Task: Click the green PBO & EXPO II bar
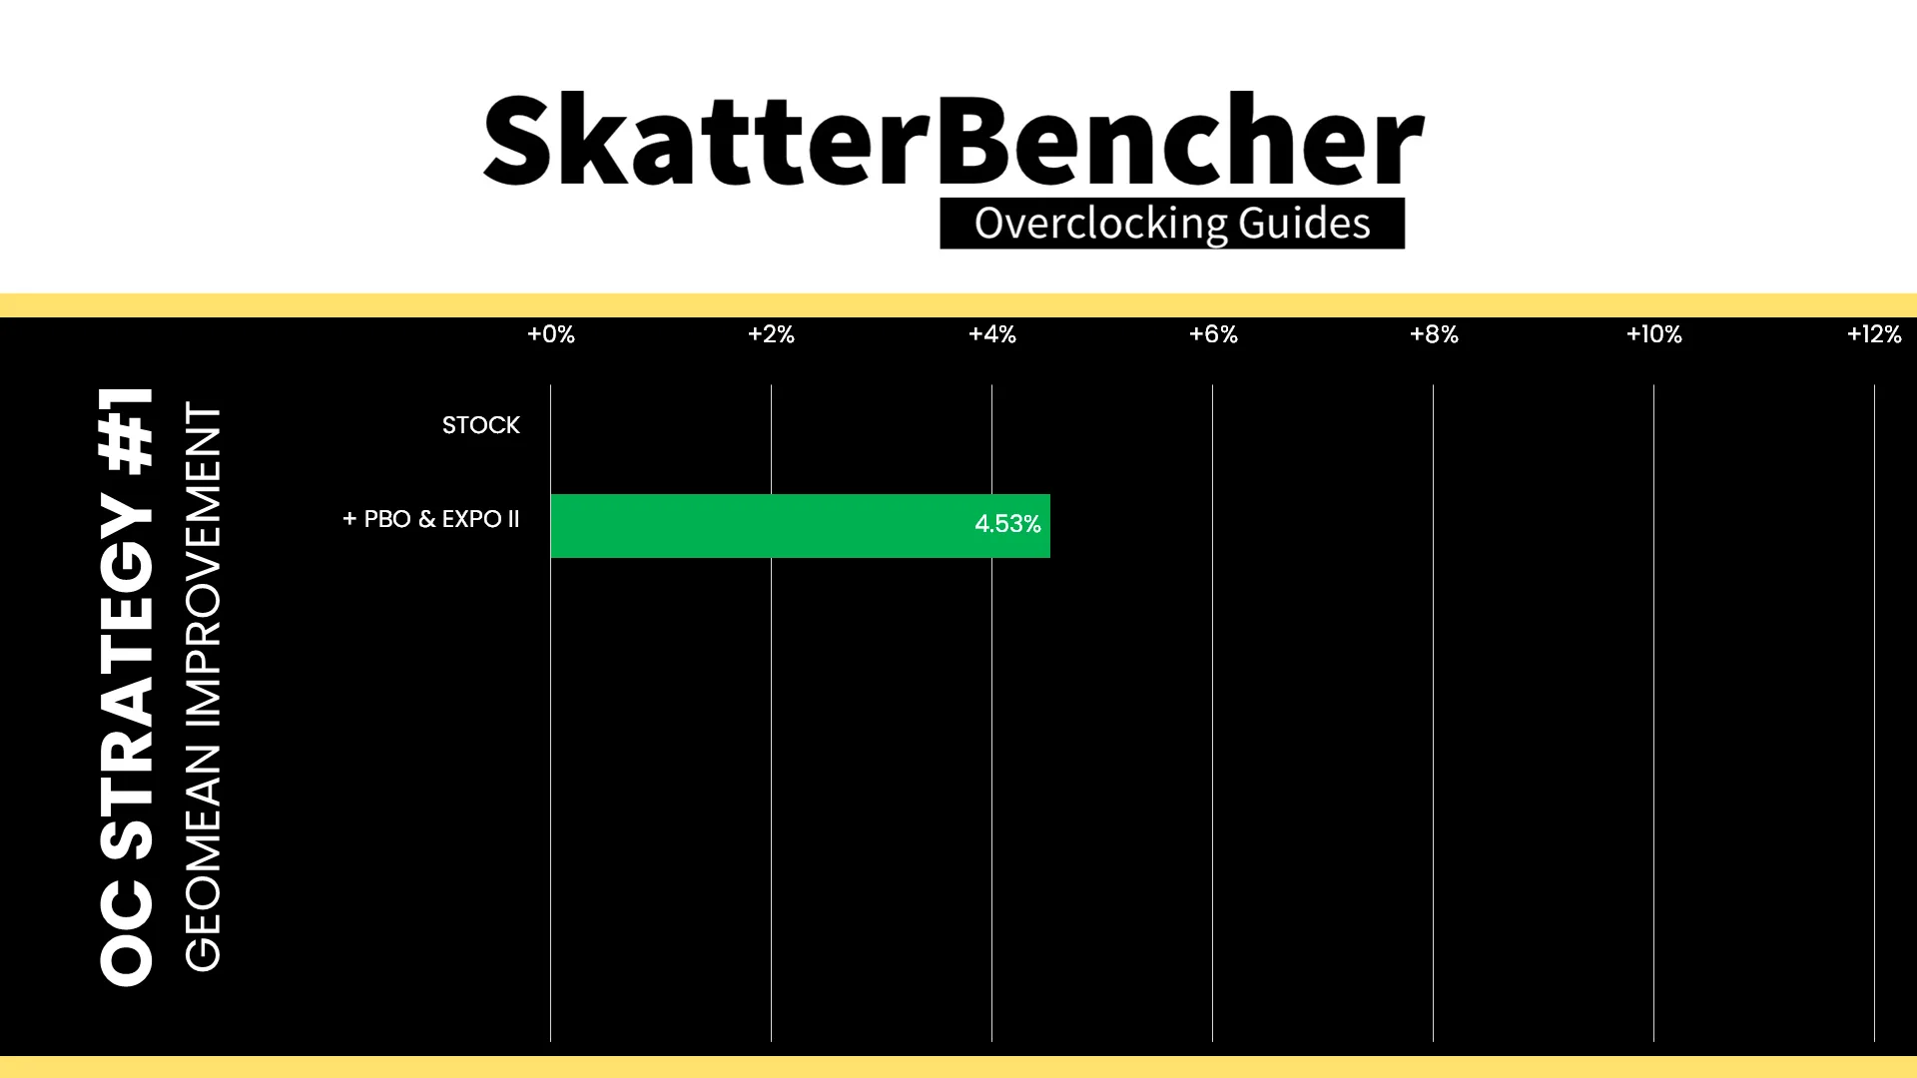click(800, 526)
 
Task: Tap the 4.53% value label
click(1007, 524)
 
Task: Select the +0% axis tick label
click(551, 334)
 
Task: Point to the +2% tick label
click(771, 334)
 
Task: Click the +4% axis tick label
click(992, 334)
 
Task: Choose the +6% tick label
click(1213, 334)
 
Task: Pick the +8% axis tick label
click(1434, 334)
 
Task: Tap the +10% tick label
click(1654, 334)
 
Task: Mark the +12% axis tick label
click(1874, 334)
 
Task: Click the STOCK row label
click(481, 425)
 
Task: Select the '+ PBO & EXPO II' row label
click(431, 519)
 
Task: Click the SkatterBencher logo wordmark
click(954, 140)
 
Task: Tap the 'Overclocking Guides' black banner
click(1172, 224)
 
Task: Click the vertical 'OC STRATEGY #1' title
click(127, 687)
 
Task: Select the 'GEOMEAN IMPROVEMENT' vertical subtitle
click(203, 687)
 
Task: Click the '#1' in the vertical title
click(127, 430)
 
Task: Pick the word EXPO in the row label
click(471, 519)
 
